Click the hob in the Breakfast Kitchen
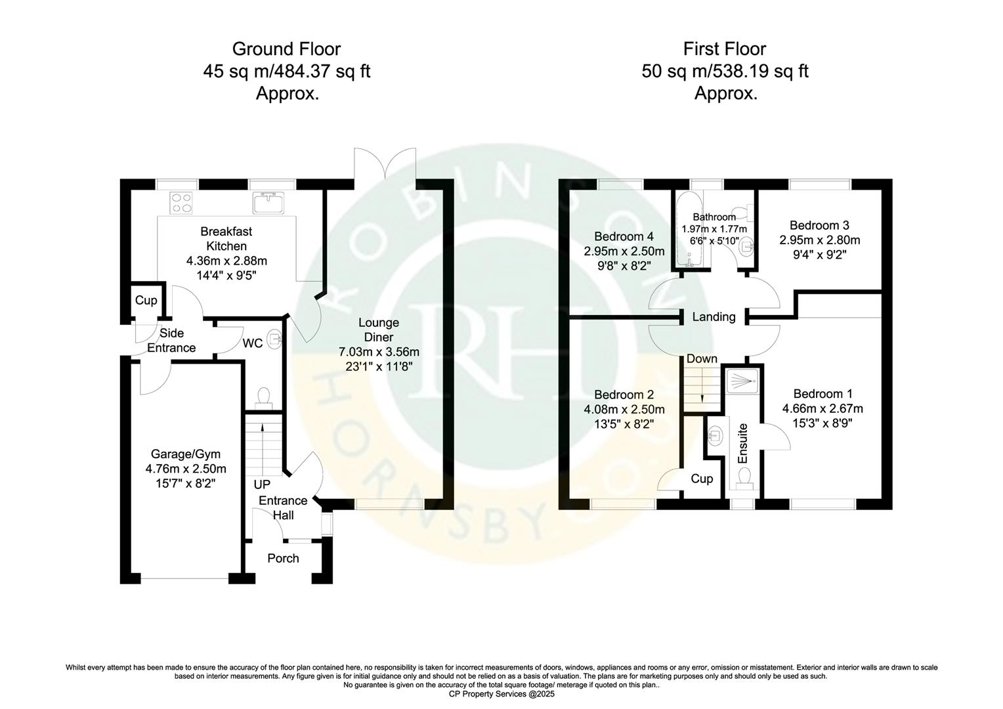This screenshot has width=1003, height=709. [x=181, y=202]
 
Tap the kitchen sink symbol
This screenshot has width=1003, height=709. [x=268, y=203]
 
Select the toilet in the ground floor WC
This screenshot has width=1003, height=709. [x=264, y=397]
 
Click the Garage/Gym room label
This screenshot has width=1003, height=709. [x=186, y=454]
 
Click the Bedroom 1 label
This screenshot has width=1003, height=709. [x=822, y=394]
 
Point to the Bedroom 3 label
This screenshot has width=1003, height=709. [x=819, y=225]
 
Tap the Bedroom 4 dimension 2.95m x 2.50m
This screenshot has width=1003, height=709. [x=624, y=251]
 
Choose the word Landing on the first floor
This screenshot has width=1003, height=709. [x=714, y=317]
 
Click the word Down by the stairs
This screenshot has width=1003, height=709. [x=702, y=359]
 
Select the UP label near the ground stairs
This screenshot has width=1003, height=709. [x=262, y=484]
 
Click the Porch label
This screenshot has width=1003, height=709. [x=283, y=558]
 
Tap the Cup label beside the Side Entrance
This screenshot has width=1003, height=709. [x=146, y=300]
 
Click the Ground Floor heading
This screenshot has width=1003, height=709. [x=286, y=49]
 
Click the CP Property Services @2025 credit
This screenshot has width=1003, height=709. [x=501, y=694]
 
